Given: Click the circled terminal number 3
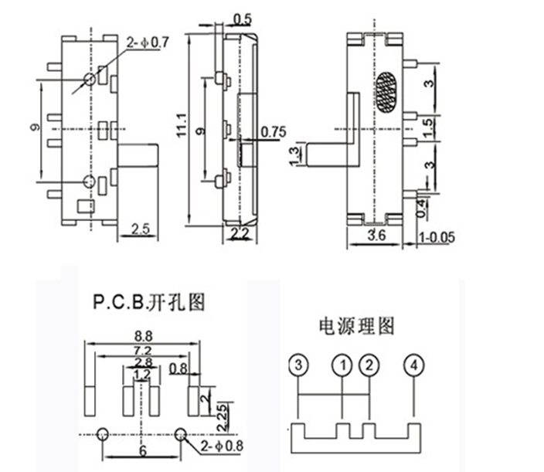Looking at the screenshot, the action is tap(298, 365).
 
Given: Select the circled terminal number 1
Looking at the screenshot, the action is tap(342, 365).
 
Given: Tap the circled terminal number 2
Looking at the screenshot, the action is tap(369, 365).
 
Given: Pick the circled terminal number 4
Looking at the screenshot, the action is tap(414, 365).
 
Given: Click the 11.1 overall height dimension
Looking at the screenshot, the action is tap(182, 125).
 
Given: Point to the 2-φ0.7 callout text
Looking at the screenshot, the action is tap(148, 42).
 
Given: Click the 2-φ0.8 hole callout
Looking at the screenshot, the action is tap(222, 446).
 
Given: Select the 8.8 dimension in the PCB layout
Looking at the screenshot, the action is tap(143, 336).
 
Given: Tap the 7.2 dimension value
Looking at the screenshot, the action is tap(143, 351).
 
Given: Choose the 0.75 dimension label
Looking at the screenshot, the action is tap(274, 132).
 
